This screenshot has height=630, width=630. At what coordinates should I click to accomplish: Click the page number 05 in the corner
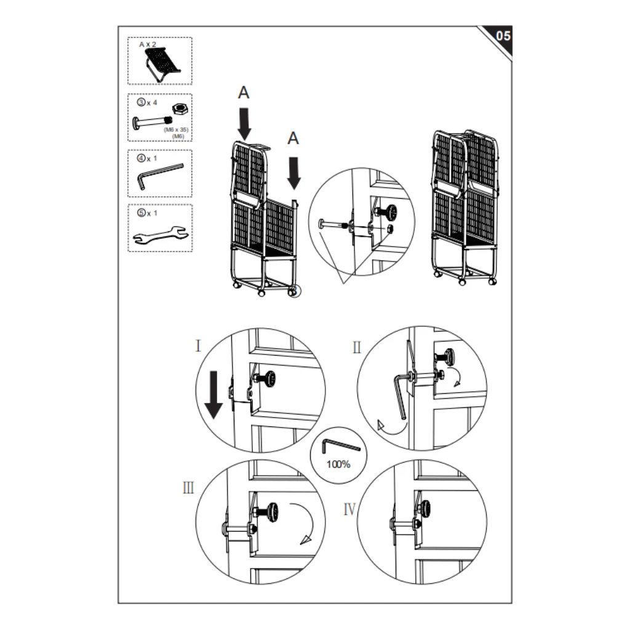502,36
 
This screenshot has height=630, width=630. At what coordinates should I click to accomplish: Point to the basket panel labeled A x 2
162,63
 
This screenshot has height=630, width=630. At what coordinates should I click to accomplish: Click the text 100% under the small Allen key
338,465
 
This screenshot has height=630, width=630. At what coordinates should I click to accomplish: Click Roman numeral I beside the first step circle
198,346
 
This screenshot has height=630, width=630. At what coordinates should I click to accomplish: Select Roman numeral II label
356,348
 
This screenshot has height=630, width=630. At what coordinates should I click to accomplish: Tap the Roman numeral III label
188,488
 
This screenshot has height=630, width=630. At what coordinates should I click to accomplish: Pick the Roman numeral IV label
349,509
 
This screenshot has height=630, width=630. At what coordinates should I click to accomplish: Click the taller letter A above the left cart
244,93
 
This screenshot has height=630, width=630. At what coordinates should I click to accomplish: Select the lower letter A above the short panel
293,139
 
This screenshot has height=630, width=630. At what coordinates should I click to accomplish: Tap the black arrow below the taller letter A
244,123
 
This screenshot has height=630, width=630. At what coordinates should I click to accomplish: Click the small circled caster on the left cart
295,292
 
